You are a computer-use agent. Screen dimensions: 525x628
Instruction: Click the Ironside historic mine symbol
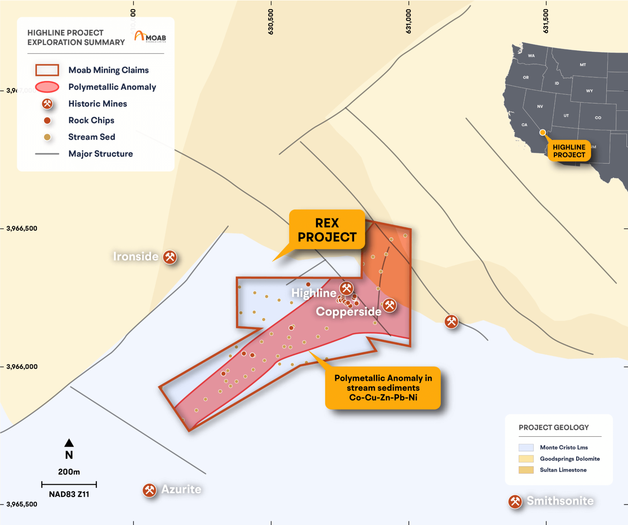pos(170,257)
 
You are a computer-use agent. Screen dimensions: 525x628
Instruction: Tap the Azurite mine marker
pos(150,490)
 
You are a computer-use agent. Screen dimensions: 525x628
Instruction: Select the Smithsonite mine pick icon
pos(515,502)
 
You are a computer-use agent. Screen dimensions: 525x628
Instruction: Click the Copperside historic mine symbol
pos(389,305)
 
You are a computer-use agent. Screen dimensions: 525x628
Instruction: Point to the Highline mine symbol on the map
pos(347,288)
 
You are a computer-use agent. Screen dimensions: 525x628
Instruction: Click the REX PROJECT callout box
pos(327,230)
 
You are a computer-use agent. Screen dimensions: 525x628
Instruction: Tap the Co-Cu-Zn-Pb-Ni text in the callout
pos(383,397)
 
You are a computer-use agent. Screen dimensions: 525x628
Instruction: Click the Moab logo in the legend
pos(150,37)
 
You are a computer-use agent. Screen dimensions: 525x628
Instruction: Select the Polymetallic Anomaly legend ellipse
pos(47,87)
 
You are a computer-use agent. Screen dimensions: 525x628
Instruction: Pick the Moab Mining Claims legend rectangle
pos(47,70)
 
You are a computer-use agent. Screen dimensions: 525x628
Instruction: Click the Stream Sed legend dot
pos(47,137)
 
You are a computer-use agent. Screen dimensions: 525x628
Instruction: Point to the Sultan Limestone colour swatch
pos(526,470)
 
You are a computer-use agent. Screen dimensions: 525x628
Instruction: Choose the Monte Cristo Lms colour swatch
pos(526,447)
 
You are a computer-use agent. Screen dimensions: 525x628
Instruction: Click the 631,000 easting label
pos(408,21)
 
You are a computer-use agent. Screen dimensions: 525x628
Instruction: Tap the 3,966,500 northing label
pos(22,228)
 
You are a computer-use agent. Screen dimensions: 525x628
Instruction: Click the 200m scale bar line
pos(69,485)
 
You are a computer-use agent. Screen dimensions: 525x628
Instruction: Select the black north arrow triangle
pos(69,443)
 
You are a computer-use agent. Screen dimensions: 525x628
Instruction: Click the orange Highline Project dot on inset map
pos(542,132)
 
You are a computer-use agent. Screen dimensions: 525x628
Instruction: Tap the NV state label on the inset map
pos(540,106)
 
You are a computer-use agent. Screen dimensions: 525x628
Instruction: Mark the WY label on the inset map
pos(589,91)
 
